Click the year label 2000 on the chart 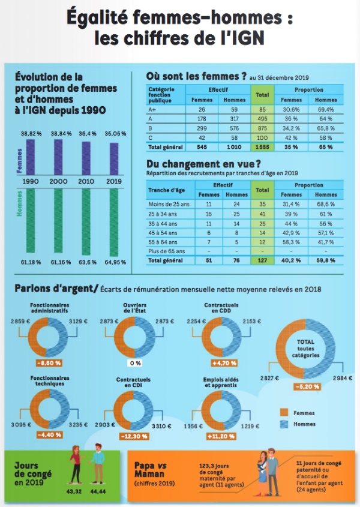click(x=59, y=181)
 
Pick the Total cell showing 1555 click(x=262, y=146)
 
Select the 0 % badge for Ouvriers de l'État click(x=134, y=363)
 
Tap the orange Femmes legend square click(x=284, y=413)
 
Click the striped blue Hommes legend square click(x=284, y=424)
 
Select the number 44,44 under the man click(x=98, y=491)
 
